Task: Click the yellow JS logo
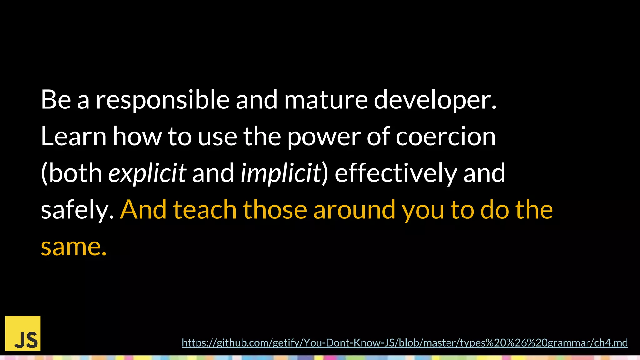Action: pos(23,333)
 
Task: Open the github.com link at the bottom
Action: pos(404,343)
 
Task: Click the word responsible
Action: pos(162,100)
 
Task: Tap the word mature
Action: pos(326,100)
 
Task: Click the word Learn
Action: pos(74,136)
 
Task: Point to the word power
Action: pos(323,136)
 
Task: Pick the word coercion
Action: pos(446,136)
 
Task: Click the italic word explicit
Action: pos(147,173)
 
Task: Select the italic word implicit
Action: pos(281,173)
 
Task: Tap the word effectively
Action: pos(396,173)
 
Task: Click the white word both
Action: pos(75,173)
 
